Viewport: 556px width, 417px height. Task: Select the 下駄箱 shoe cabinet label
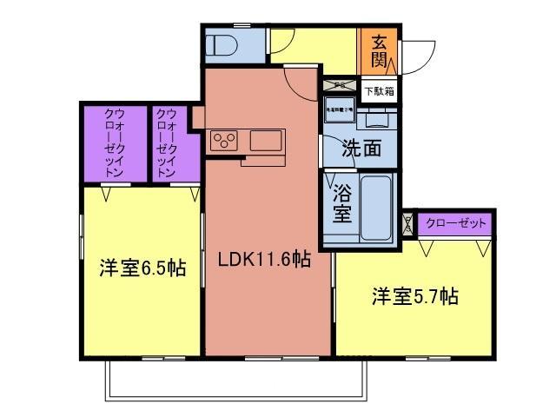point(379,90)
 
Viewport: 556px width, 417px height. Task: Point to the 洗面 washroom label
point(360,148)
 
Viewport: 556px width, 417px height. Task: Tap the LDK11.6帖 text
point(265,258)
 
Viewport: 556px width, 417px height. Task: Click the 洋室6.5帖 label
point(142,268)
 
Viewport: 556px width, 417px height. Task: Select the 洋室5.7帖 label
point(414,295)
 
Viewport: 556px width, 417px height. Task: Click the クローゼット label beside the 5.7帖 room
point(456,224)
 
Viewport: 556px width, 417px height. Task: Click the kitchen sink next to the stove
point(266,140)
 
